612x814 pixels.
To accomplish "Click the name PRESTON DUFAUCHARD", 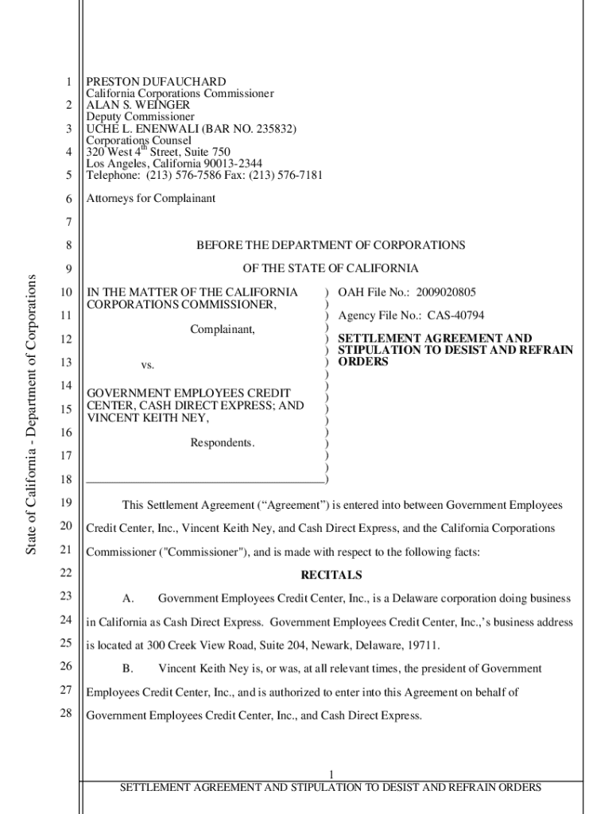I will coord(156,82).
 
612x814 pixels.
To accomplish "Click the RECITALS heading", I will coord(331,575).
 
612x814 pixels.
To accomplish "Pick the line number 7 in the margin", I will coord(69,222).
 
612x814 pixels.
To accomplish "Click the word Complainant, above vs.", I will coord(223,328).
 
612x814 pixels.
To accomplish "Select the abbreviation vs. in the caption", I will coord(147,365).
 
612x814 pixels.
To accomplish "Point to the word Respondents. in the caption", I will coord(223,443).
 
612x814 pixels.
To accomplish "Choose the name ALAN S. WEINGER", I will coord(138,105).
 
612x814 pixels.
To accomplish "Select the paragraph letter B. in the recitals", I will coord(127,669).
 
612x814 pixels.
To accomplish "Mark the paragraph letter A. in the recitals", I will coord(127,598).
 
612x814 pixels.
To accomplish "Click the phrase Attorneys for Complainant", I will coord(150,199).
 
